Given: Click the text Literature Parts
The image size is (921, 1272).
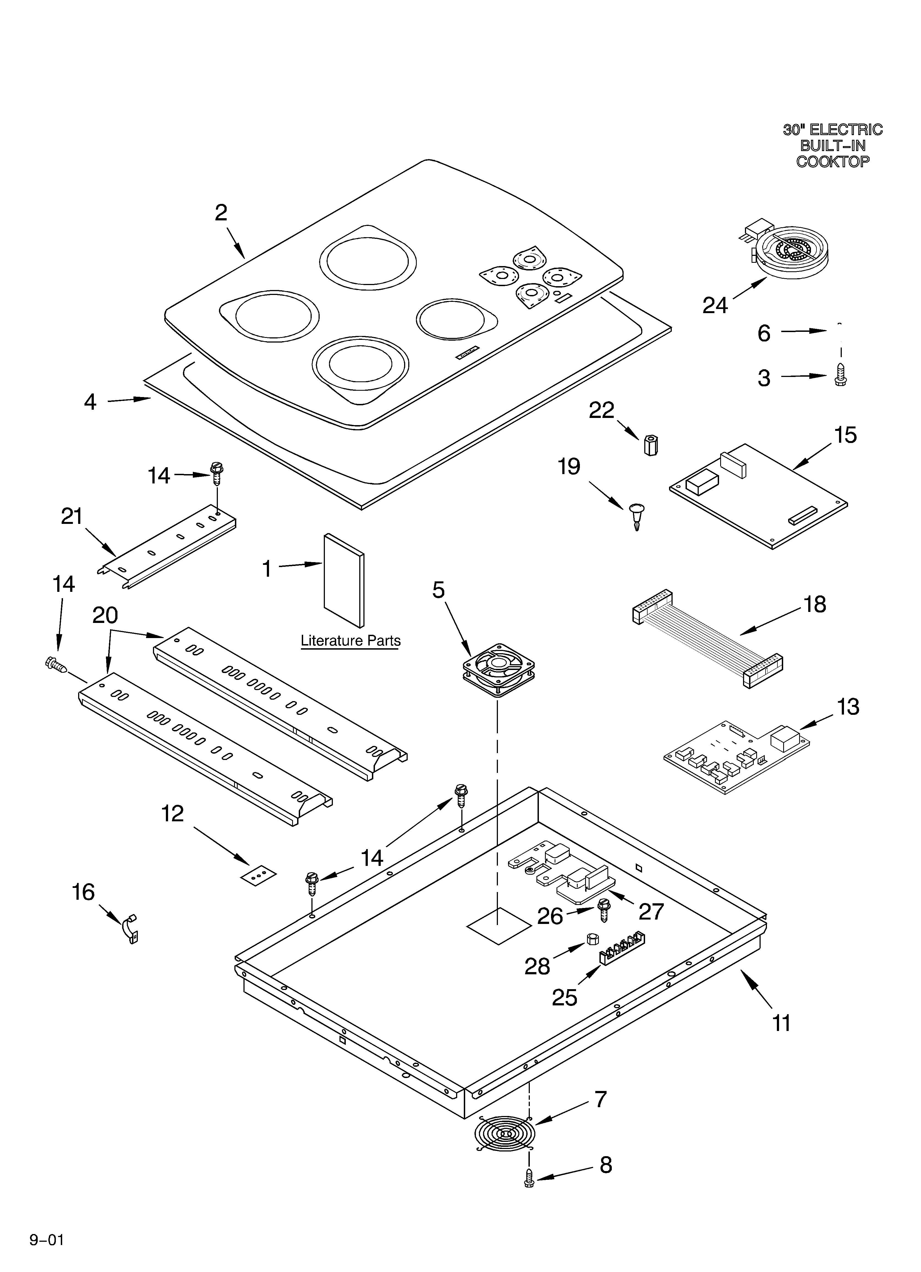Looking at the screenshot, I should tap(350, 641).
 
